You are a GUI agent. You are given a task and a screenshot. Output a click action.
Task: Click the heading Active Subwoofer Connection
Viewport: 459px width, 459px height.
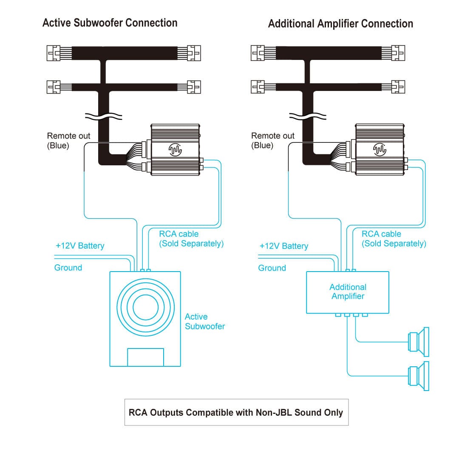(x=110, y=23)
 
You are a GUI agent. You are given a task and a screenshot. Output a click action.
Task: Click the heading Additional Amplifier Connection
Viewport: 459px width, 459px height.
(x=340, y=23)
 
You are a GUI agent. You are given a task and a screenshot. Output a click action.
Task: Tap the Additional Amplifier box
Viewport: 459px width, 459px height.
(x=348, y=292)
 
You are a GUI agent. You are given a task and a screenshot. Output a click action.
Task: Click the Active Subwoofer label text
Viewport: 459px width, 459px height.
(x=204, y=321)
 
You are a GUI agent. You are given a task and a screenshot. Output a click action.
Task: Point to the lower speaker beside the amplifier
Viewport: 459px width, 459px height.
(x=418, y=376)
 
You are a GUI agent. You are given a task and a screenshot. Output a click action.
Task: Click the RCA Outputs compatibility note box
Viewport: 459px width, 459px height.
(x=236, y=412)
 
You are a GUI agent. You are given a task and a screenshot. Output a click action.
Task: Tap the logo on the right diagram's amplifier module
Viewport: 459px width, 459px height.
(x=380, y=149)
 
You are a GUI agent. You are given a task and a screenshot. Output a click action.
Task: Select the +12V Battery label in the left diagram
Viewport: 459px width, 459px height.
(x=80, y=246)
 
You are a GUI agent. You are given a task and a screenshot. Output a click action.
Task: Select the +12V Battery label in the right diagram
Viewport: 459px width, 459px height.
(x=283, y=246)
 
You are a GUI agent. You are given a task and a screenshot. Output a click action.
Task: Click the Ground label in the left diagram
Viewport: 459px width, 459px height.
(x=68, y=268)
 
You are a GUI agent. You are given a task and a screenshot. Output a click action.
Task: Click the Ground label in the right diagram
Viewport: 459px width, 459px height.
(x=272, y=268)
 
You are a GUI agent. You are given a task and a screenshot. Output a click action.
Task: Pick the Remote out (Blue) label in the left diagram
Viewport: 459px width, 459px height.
(x=68, y=141)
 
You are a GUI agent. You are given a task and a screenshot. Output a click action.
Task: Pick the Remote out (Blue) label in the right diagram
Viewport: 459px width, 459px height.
(x=272, y=141)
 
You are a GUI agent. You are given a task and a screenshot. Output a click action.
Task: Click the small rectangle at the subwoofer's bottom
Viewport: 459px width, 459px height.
(x=145, y=357)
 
